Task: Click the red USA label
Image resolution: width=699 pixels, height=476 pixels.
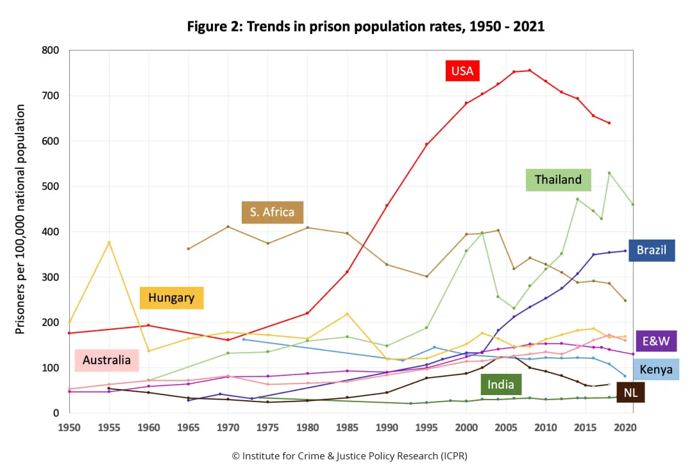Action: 462,71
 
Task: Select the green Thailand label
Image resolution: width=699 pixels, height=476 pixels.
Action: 558,180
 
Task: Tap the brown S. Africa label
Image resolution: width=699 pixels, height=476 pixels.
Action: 272,212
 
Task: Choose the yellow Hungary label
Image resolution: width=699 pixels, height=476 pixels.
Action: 171,297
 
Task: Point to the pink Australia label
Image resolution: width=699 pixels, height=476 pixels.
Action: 106,360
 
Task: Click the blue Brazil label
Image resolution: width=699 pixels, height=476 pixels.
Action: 652,250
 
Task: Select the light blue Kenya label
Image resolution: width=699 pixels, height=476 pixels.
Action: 656,369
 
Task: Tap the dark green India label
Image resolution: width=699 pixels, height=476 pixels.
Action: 501,384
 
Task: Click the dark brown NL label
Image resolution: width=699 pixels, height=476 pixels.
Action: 630,392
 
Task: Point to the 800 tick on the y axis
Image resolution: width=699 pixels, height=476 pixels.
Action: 50,50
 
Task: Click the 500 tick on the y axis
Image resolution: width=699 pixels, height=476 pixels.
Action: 50,186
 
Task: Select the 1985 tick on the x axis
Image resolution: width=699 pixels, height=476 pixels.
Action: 347,427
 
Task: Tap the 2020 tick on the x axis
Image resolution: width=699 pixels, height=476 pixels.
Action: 625,427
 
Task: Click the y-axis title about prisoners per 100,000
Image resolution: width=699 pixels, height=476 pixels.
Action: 21,219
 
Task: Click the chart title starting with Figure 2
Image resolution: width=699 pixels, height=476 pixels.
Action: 366,26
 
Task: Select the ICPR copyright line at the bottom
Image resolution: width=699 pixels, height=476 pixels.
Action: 349,455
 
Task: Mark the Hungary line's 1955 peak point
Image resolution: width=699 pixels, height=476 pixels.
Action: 109,242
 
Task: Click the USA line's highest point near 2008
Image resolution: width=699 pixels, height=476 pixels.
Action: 529,70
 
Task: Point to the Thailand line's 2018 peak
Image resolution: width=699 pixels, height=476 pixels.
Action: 609,173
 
